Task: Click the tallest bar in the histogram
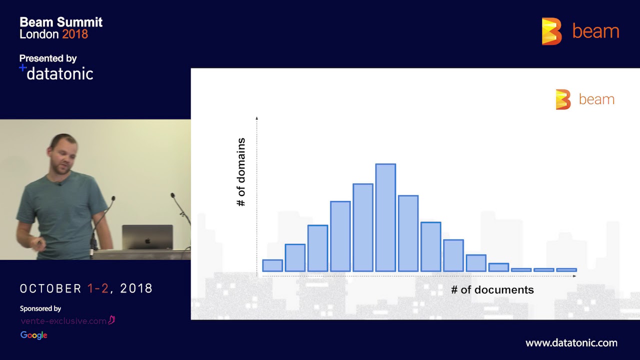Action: point(385,217)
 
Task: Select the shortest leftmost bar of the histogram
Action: point(272,265)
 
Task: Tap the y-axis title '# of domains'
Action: point(241,172)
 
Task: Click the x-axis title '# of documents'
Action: point(492,290)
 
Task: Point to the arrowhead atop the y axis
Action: point(256,118)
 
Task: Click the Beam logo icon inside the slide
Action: point(563,99)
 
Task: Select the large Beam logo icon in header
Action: point(551,31)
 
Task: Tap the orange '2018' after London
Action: point(75,34)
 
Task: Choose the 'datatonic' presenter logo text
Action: point(59,74)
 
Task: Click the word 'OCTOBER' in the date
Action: point(50,289)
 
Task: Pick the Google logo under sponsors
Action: point(33,335)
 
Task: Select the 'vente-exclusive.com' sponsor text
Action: point(63,321)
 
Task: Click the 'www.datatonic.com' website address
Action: point(571,343)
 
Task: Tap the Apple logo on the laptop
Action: point(147,240)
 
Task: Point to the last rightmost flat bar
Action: point(566,270)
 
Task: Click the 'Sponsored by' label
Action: point(40,308)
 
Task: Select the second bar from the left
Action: point(295,257)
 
